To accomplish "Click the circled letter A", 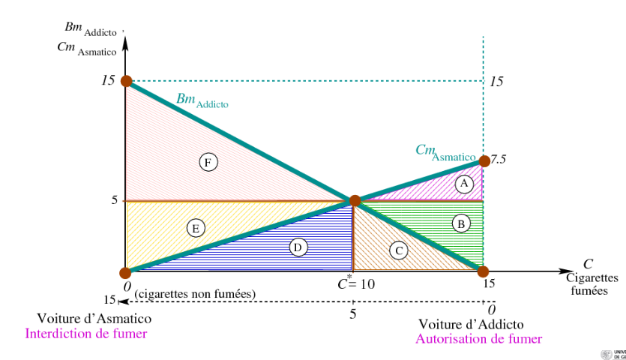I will click(x=465, y=183).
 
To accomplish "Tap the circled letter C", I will click(x=398, y=250).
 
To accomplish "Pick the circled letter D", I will click(x=298, y=247).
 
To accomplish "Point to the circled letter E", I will click(x=196, y=228).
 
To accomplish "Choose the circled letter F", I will click(x=208, y=160).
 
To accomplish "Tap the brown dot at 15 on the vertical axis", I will click(x=127, y=80).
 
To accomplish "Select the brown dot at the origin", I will click(x=127, y=271).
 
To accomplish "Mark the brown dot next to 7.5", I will click(x=484, y=160).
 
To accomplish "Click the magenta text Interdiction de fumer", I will click(x=86, y=334).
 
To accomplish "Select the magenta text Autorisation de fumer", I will click(x=478, y=339).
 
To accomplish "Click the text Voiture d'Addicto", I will click(x=471, y=324).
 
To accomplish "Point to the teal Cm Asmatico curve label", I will click(x=445, y=152).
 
